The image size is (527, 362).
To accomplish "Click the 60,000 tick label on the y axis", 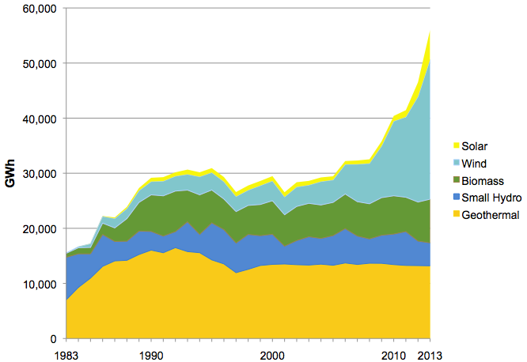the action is [x=40, y=9].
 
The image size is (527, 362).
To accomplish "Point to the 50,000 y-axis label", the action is [x=40, y=64].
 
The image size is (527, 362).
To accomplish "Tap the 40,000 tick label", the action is [x=40, y=119].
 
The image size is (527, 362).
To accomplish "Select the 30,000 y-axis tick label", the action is [x=40, y=174].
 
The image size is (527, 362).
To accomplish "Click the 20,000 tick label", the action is [x=40, y=229].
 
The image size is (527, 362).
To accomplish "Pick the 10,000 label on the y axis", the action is [x=40, y=284].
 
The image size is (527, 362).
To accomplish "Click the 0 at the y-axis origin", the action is [x=54, y=339].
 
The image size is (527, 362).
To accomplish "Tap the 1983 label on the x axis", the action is [x=66, y=356].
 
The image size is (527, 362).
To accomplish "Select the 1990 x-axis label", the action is [x=151, y=356].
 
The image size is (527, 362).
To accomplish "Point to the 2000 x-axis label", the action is [x=272, y=356].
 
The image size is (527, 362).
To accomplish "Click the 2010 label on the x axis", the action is [x=393, y=356].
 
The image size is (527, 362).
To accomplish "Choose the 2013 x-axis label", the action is [x=430, y=356].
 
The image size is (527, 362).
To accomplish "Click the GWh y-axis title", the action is [x=10, y=173].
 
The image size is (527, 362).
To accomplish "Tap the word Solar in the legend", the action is [x=474, y=146].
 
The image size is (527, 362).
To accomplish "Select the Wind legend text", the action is [x=474, y=164].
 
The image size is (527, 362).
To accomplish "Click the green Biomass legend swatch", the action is [x=456, y=180].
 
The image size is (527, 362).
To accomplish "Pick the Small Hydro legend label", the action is [x=491, y=198].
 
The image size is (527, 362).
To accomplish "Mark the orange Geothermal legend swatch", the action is [x=456, y=213].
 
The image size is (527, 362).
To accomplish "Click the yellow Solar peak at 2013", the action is [x=430, y=31].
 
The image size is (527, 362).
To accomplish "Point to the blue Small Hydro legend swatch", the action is [x=456, y=197].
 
